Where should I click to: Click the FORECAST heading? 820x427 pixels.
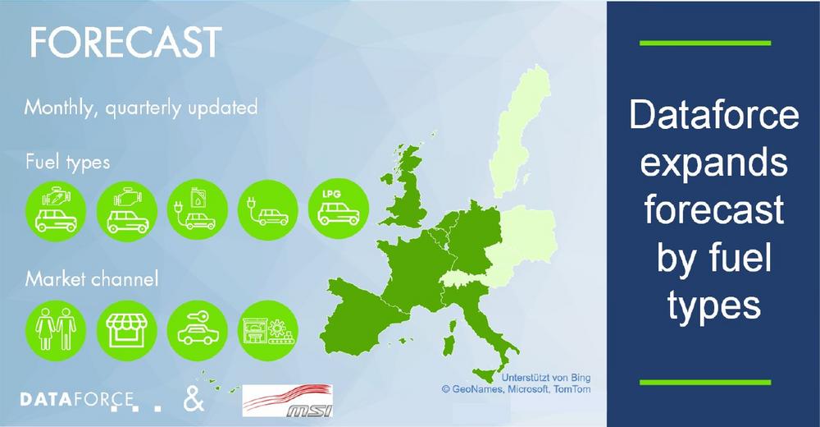coord(126,43)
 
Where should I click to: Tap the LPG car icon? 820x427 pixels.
coord(339,209)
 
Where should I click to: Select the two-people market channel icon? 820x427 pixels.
coord(56,330)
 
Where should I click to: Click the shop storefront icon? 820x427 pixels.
coord(126,330)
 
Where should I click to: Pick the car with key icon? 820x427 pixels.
coord(197,330)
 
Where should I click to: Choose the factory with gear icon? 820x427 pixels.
coord(268,330)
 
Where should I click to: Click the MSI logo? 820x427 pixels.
coord(288,401)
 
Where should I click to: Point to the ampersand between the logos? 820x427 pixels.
coord(194,399)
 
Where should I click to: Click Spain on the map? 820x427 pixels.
coord(361,319)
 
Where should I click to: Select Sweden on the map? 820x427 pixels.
coord(521,131)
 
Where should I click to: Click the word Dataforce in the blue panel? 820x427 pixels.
coord(714,115)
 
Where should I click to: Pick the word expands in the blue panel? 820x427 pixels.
coord(714,163)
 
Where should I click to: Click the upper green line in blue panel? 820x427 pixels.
coord(705,43)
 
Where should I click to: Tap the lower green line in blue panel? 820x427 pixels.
coord(705,383)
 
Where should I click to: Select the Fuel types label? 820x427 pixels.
coord(67,163)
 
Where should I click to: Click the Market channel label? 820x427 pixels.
coord(92,278)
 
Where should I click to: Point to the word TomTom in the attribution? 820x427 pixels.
coord(572,389)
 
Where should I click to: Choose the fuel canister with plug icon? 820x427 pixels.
coord(197,209)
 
